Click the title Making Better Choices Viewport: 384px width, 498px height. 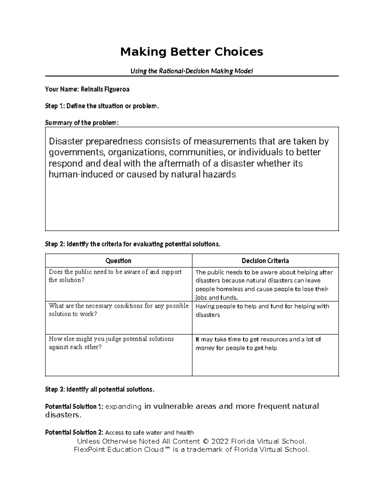[192, 52]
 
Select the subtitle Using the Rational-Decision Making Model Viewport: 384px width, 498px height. [192, 71]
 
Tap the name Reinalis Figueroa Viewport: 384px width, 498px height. [105, 89]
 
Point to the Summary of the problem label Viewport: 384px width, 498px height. [82, 123]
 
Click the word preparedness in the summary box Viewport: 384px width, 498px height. [114, 141]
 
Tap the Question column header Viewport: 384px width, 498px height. [118, 261]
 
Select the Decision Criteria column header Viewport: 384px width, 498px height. [265, 261]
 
